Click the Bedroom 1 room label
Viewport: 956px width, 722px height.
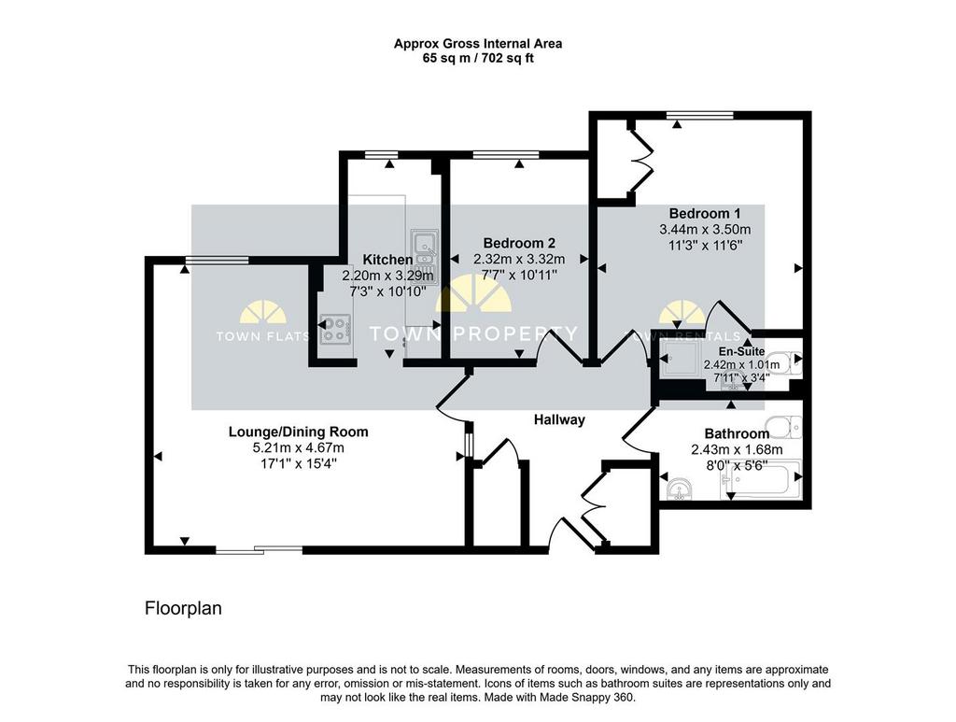coord(705,214)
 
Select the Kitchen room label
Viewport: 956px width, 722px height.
coord(387,259)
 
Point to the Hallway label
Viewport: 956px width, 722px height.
coord(559,419)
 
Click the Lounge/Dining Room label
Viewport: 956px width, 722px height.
coord(298,432)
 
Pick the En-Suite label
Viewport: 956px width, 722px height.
coord(741,351)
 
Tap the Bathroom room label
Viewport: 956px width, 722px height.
coord(737,433)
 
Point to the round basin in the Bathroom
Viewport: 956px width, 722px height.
coord(679,489)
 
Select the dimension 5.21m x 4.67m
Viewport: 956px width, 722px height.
coord(298,447)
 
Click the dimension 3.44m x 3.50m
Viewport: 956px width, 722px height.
coord(705,230)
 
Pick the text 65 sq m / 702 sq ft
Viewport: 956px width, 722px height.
coord(478,59)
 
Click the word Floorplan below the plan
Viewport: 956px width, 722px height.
coord(183,609)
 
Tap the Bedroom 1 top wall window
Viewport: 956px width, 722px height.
coord(699,115)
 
